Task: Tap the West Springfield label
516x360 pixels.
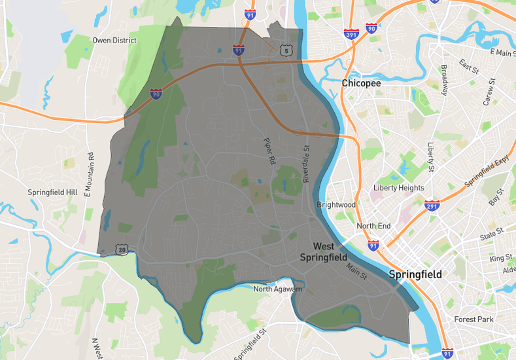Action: click(323, 252)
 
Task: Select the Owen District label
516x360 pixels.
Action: click(114, 41)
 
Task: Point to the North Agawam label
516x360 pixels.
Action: click(278, 289)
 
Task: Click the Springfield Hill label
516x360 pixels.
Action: click(52, 192)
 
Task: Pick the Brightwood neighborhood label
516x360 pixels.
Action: click(336, 205)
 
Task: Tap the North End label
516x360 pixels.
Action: click(373, 226)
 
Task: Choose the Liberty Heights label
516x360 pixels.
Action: click(398, 188)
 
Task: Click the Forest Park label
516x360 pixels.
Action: click(475, 319)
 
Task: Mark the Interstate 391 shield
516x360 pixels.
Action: click(351, 33)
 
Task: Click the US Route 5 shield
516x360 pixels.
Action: click(284, 49)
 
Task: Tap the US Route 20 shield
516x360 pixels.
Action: click(121, 249)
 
